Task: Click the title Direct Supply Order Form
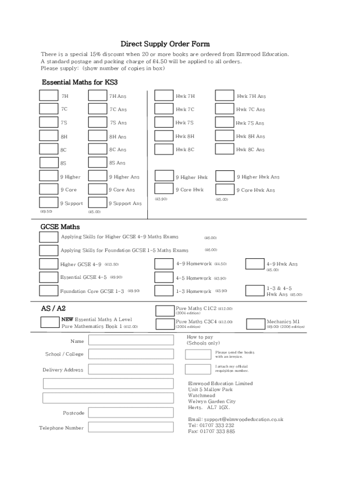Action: point(165,44)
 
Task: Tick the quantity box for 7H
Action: point(49,96)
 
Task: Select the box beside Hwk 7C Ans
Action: point(224,109)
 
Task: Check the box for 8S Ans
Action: point(98,163)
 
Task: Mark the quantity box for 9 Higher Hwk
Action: point(164,176)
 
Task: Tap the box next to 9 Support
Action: point(49,203)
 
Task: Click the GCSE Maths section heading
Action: point(60,227)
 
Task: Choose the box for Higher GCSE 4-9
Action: point(49,264)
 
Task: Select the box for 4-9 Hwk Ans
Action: point(255,264)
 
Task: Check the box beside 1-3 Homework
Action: point(164,290)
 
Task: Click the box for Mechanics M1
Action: point(255,323)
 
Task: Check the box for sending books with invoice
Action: point(198,354)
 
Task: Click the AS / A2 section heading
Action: point(54,308)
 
